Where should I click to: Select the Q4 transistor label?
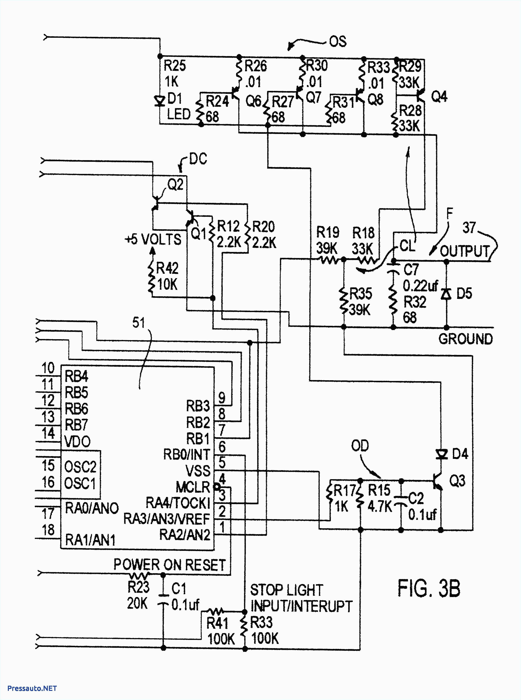(439, 97)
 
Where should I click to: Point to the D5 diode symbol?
(446, 294)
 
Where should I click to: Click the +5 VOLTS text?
(153, 240)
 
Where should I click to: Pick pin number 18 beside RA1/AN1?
(48, 530)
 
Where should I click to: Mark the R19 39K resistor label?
(328, 240)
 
